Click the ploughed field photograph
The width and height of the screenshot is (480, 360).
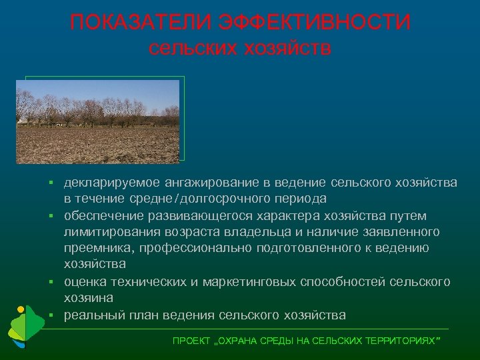(98, 121)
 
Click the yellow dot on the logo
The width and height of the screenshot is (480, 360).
(21, 309)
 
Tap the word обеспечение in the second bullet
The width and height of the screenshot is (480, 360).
(102, 215)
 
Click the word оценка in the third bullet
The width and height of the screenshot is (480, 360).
(83, 281)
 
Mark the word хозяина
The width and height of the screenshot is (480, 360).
(88, 297)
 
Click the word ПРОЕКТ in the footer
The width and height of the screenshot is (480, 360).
(189, 341)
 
